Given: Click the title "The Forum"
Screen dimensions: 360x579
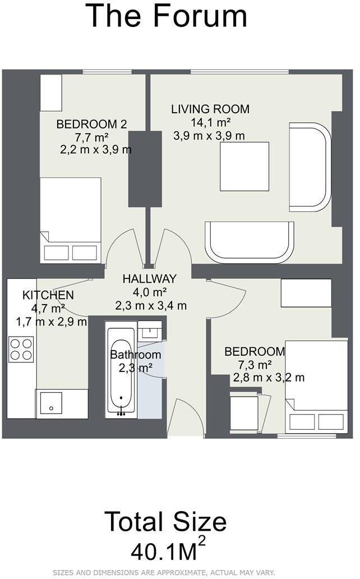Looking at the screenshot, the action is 166,16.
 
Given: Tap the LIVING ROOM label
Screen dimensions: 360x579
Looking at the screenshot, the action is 210,109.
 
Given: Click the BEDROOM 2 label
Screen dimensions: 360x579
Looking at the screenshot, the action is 91,124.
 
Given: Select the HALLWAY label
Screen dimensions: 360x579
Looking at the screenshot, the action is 150,278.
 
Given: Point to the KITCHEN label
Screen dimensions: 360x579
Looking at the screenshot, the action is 48,295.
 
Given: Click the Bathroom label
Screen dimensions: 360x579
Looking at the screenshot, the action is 136,355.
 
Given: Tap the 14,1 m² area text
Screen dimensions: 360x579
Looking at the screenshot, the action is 211,122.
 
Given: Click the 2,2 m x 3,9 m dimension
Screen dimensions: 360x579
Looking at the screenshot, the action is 96,150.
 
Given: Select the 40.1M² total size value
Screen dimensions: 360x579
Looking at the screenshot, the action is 168,550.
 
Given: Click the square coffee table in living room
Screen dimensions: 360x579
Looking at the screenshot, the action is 244,167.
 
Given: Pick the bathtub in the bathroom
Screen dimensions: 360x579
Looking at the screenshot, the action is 121,370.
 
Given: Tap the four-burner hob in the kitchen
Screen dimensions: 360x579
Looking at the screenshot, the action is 21,350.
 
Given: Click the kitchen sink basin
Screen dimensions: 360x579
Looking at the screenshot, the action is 51,403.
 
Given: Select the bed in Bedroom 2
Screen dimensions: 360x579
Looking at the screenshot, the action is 71,220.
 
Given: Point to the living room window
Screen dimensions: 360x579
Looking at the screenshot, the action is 239,72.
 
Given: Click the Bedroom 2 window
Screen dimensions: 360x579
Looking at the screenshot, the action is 107,72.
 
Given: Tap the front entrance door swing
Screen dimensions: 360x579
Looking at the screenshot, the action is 184,417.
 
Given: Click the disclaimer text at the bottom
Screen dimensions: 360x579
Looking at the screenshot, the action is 164,573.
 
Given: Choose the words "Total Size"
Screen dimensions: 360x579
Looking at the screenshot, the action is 165,521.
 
